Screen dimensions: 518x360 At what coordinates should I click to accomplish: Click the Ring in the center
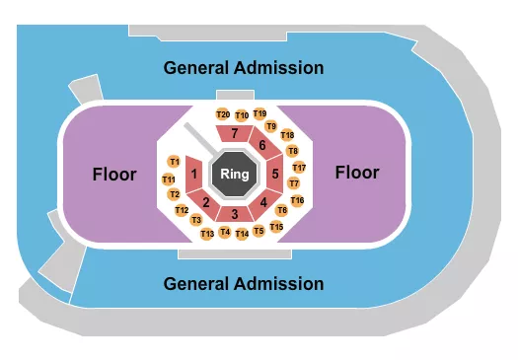(x=234, y=175)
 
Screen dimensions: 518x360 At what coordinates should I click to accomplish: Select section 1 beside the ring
(x=194, y=175)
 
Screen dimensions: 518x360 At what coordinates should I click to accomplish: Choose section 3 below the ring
(x=235, y=214)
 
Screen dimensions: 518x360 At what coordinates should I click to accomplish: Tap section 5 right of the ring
(x=275, y=175)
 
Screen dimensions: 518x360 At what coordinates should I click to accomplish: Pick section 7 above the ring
(x=235, y=133)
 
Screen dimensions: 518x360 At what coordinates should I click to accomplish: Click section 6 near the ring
(x=262, y=146)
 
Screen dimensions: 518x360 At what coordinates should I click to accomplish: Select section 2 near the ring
(x=206, y=202)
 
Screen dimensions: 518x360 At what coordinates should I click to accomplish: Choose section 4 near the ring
(x=263, y=203)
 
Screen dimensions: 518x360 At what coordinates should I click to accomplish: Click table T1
(x=174, y=161)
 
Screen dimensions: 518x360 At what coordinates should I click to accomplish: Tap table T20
(x=223, y=115)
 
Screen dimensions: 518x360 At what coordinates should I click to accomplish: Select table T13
(x=207, y=234)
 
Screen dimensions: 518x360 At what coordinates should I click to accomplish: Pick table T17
(x=299, y=168)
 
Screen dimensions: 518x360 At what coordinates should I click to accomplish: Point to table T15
(x=276, y=228)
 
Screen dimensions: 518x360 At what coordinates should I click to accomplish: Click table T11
(x=169, y=180)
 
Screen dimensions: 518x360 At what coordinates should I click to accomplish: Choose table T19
(x=259, y=114)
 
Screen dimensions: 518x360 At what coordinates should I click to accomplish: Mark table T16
(x=297, y=200)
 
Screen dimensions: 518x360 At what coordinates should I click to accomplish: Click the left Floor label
(x=114, y=175)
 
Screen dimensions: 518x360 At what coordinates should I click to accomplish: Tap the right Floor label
(x=356, y=173)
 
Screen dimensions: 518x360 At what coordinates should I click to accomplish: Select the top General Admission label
(x=244, y=68)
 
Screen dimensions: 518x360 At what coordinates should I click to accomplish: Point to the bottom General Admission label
(x=244, y=284)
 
